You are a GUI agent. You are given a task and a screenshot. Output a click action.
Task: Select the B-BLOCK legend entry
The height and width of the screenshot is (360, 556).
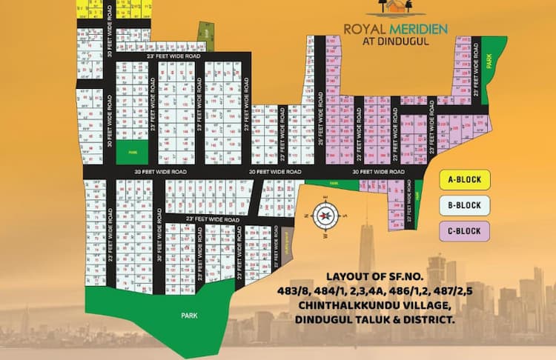464,205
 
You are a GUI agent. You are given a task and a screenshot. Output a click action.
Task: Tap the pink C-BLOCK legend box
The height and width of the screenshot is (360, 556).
464,231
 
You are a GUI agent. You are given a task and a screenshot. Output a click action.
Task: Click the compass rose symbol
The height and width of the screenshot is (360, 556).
324,216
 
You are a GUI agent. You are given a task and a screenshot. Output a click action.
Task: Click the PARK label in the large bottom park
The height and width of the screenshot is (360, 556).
190,314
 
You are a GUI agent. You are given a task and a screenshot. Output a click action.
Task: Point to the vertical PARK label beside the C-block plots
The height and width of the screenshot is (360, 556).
489,64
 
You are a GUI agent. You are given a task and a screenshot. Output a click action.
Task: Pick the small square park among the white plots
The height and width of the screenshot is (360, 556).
133,151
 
